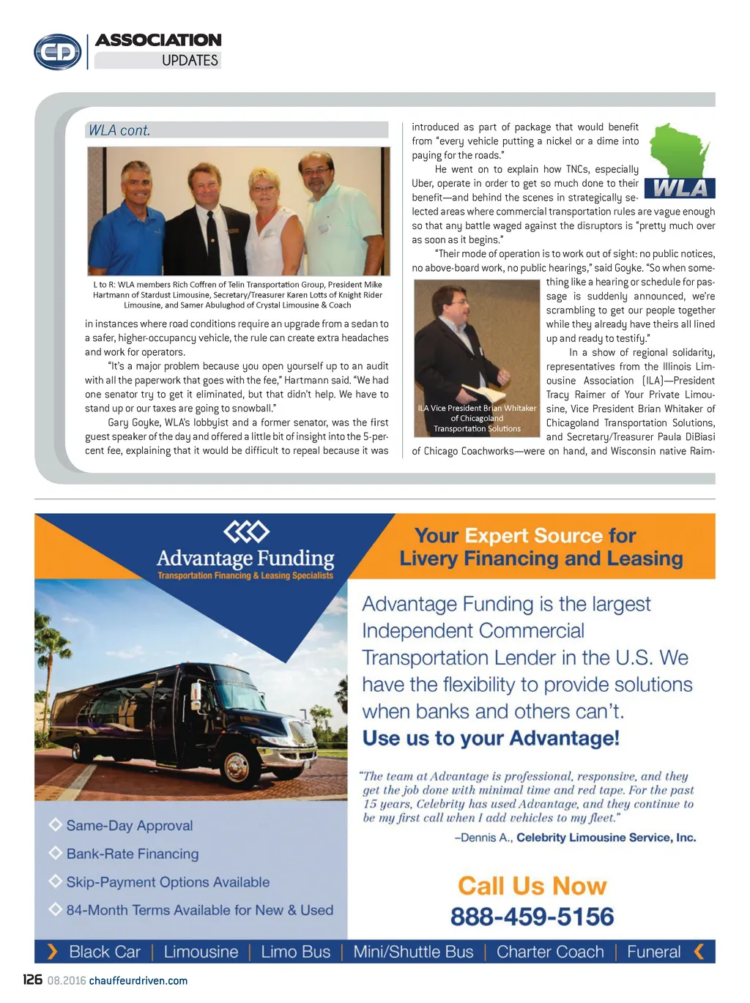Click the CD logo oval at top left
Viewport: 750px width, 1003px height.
click(x=58, y=52)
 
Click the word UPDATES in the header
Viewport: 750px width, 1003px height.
click(x=190, y=60)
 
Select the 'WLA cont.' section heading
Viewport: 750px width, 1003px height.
click(x=119, y=130)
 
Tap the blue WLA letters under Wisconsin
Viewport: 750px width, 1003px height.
click(x=680, y=189)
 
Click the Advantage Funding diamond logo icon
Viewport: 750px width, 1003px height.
click(x=246, y=531)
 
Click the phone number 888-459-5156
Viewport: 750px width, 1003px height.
click(x=532, y=916)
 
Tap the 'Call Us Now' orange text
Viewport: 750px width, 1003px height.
click(x=532, y=886)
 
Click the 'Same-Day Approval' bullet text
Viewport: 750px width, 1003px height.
click(x=130, y=825)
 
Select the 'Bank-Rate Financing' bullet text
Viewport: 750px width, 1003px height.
click(x=133, y=854)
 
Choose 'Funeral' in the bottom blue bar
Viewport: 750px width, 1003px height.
click(x=653, y=952)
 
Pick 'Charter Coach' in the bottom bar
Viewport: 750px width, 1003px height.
click(x=550, y=952)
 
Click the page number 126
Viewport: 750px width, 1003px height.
click(x=32, y=980)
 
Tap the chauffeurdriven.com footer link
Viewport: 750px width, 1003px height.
click(x=138, y=980)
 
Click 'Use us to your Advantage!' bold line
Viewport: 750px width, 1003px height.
click(x=491, y=738)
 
